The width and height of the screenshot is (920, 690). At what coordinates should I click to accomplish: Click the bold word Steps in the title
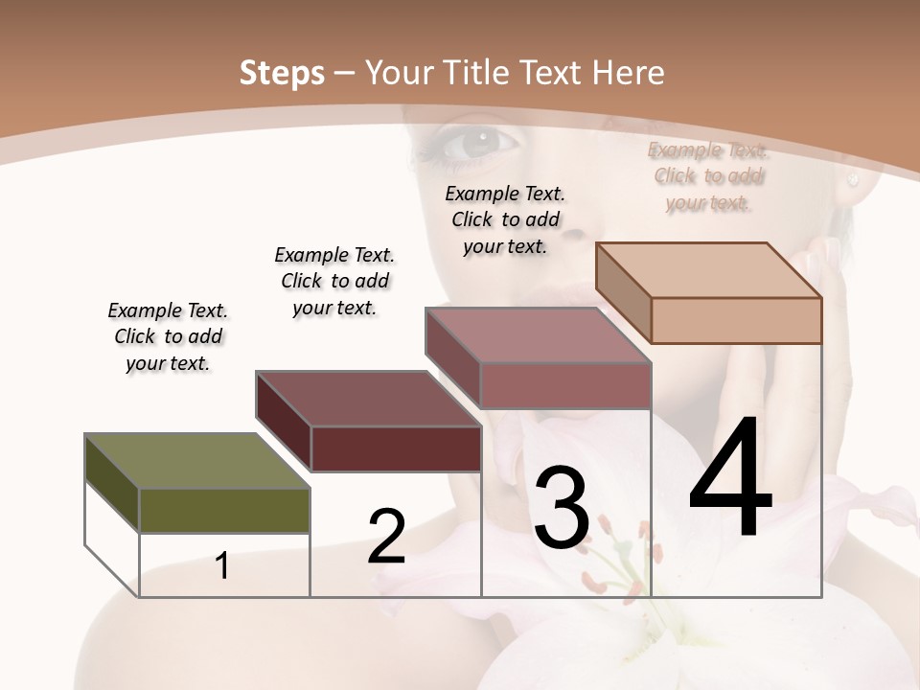pyautogui.click(x=282, y=73)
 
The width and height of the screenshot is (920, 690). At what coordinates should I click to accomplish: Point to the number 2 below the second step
pyautogui.click(x=386, y=536)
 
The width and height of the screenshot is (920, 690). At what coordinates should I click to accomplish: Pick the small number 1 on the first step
pyautogui.click(x=222, y=565)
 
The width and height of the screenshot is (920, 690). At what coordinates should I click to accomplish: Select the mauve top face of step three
pyautogui.click(x=538, y=334)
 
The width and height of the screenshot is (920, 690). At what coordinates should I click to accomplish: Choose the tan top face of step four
pyautogui.click(x=708, y=269)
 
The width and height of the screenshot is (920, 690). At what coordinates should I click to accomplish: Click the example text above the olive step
pyautogui.click(x=168, y=336)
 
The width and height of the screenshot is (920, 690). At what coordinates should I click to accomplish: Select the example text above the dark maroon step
pyautogui.click(x=334, y=281)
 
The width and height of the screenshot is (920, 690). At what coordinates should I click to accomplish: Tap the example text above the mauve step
pyautogui.click(x=505, y=219)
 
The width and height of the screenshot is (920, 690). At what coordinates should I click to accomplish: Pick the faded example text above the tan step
pyautogui.click(x=707, y=175)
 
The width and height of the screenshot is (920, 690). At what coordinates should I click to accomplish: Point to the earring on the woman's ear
pyautogui.click(x=850, y=178)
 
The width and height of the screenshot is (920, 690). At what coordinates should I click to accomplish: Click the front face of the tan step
pyautogui.click(x=736, y=320)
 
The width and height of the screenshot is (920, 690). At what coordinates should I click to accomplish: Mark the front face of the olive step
pyautogui.click(x=224, y=510)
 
